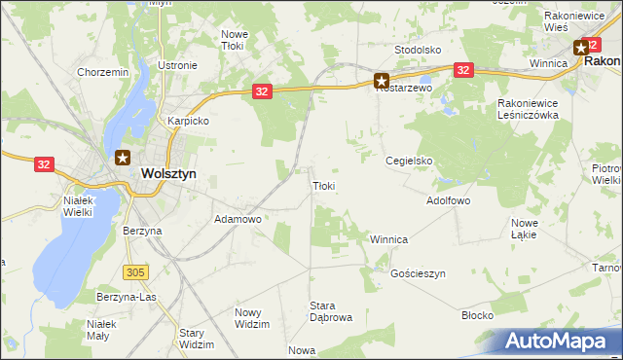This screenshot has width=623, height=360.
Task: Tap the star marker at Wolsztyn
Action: (123, 158)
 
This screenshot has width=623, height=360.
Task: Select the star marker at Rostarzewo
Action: (382, 82)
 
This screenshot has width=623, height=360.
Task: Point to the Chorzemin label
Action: (103, 72)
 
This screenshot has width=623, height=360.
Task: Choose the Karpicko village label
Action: (189, 122)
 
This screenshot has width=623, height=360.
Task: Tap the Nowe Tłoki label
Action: (235, 40)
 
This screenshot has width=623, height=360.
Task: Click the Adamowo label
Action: (238, 220)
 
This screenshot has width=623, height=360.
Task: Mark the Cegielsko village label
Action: (409, 161)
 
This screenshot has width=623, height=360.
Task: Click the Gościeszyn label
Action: (417, 274)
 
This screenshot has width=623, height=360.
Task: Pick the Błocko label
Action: (478, 315)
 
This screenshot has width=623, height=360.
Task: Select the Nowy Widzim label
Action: (252, 318)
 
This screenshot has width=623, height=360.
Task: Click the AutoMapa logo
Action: (558, 341)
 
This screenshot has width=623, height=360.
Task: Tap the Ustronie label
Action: (177, 65)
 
